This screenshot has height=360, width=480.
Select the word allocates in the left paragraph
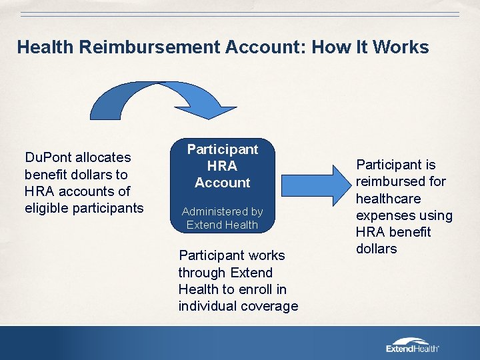103,157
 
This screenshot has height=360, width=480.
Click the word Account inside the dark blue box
223,182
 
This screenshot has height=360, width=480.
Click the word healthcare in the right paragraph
389,198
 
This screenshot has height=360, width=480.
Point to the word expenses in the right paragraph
386,215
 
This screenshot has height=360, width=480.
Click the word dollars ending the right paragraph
376,249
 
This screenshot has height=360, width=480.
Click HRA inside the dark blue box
223,165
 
